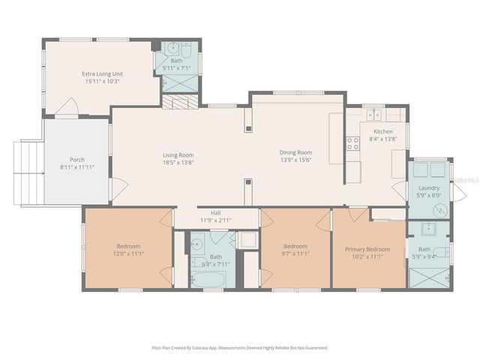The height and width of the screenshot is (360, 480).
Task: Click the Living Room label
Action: point(178,155)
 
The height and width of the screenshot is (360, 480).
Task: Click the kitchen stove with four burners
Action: point(352,143)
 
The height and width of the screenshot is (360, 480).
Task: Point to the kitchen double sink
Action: point(373,115)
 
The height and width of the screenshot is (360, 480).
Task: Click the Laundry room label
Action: point(430,188)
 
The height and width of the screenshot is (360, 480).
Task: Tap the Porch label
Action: point(77,160)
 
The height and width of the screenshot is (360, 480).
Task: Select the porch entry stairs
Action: point(28,173)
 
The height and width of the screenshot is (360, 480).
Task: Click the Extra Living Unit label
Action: point(103,73)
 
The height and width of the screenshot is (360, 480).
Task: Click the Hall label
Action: point(216,212)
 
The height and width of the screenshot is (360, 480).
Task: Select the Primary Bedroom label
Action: point(367,249)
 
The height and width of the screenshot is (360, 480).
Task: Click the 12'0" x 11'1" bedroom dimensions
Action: point(128,254)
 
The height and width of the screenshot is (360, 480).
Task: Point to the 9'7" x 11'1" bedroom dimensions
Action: point(296,254)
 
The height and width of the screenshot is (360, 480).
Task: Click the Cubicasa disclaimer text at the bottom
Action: point(240,348)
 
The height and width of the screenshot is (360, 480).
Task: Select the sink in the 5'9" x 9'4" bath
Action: point(429,229)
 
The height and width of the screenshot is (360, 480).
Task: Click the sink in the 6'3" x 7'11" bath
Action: point(196,243)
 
